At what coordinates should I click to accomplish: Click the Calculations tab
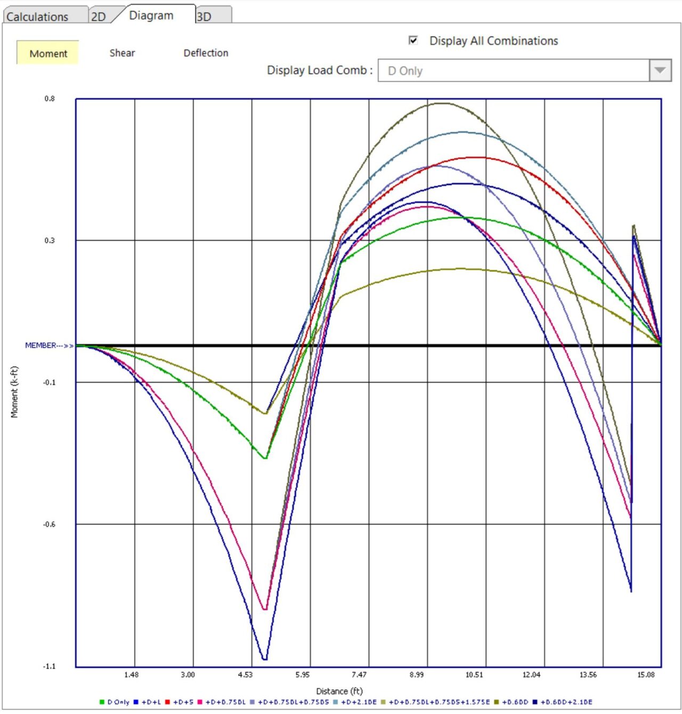point(37,17)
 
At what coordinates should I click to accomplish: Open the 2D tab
point(99,17)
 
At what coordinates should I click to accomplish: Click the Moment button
point(48,53)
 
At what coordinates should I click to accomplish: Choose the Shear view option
point(122,53)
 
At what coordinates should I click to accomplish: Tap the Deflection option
point(206,53)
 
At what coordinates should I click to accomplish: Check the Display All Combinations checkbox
point(413,41)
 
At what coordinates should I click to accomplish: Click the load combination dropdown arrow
point(660,70)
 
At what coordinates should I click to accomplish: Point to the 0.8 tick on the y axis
point(50,99)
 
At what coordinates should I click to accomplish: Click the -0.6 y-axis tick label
point(49,524)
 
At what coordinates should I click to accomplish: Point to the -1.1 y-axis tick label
point(49,666)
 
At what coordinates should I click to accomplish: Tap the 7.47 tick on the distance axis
point(359,675)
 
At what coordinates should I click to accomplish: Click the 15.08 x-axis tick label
point(646,675)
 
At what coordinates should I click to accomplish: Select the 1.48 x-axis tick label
point(131,675)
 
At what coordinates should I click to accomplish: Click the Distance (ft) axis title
point(339,691)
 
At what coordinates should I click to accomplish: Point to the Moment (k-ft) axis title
point(14,391)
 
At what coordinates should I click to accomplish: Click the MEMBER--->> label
point(49,346)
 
